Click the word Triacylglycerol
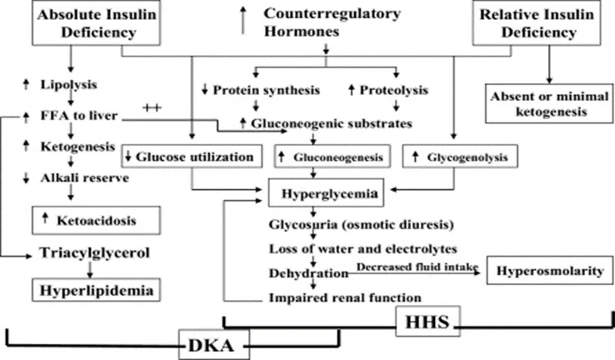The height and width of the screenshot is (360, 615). (x=93, y=254)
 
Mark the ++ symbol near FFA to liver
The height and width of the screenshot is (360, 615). (x=151, y=108)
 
